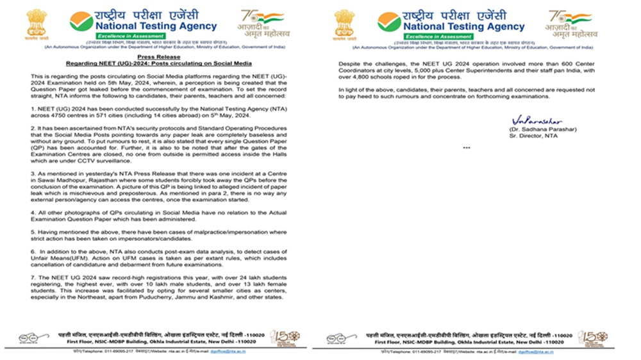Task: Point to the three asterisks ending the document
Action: (466, 148)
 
